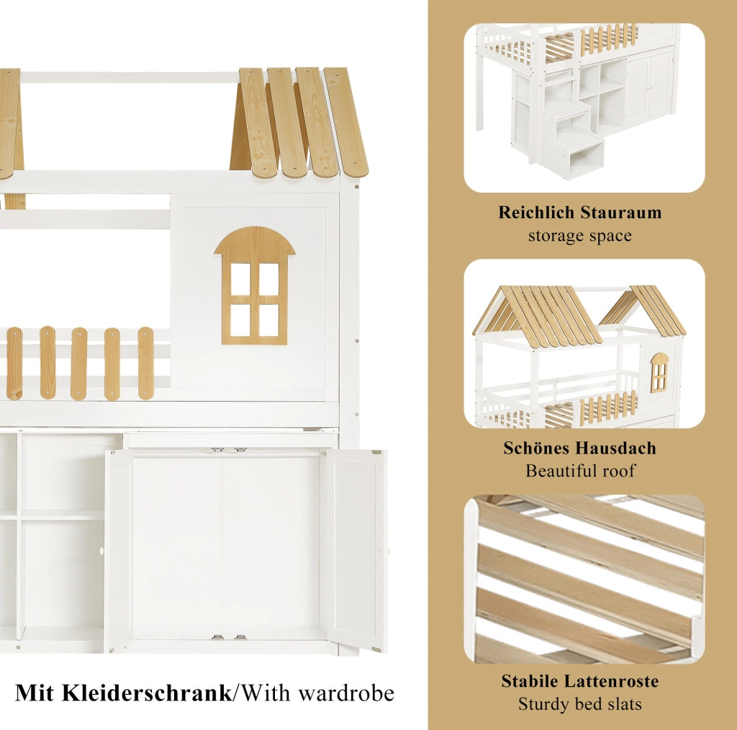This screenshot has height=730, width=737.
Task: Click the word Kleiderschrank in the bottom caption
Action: tap(147, 693)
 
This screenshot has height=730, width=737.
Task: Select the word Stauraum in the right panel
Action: tap(621, 212)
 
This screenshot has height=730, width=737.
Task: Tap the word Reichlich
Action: tap(537, 212)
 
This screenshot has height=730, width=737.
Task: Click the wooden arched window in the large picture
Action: tap(255, 285)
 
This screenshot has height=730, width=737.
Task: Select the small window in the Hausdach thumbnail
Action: tap(659, 372)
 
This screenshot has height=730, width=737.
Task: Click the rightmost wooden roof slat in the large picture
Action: tap(345, 122)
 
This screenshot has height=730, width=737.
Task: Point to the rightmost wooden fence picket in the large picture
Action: tap(145, 363)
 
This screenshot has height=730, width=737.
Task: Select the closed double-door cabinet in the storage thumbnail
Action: tap(650, 86)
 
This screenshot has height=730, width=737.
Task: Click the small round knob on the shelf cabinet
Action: tap(101, 551)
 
